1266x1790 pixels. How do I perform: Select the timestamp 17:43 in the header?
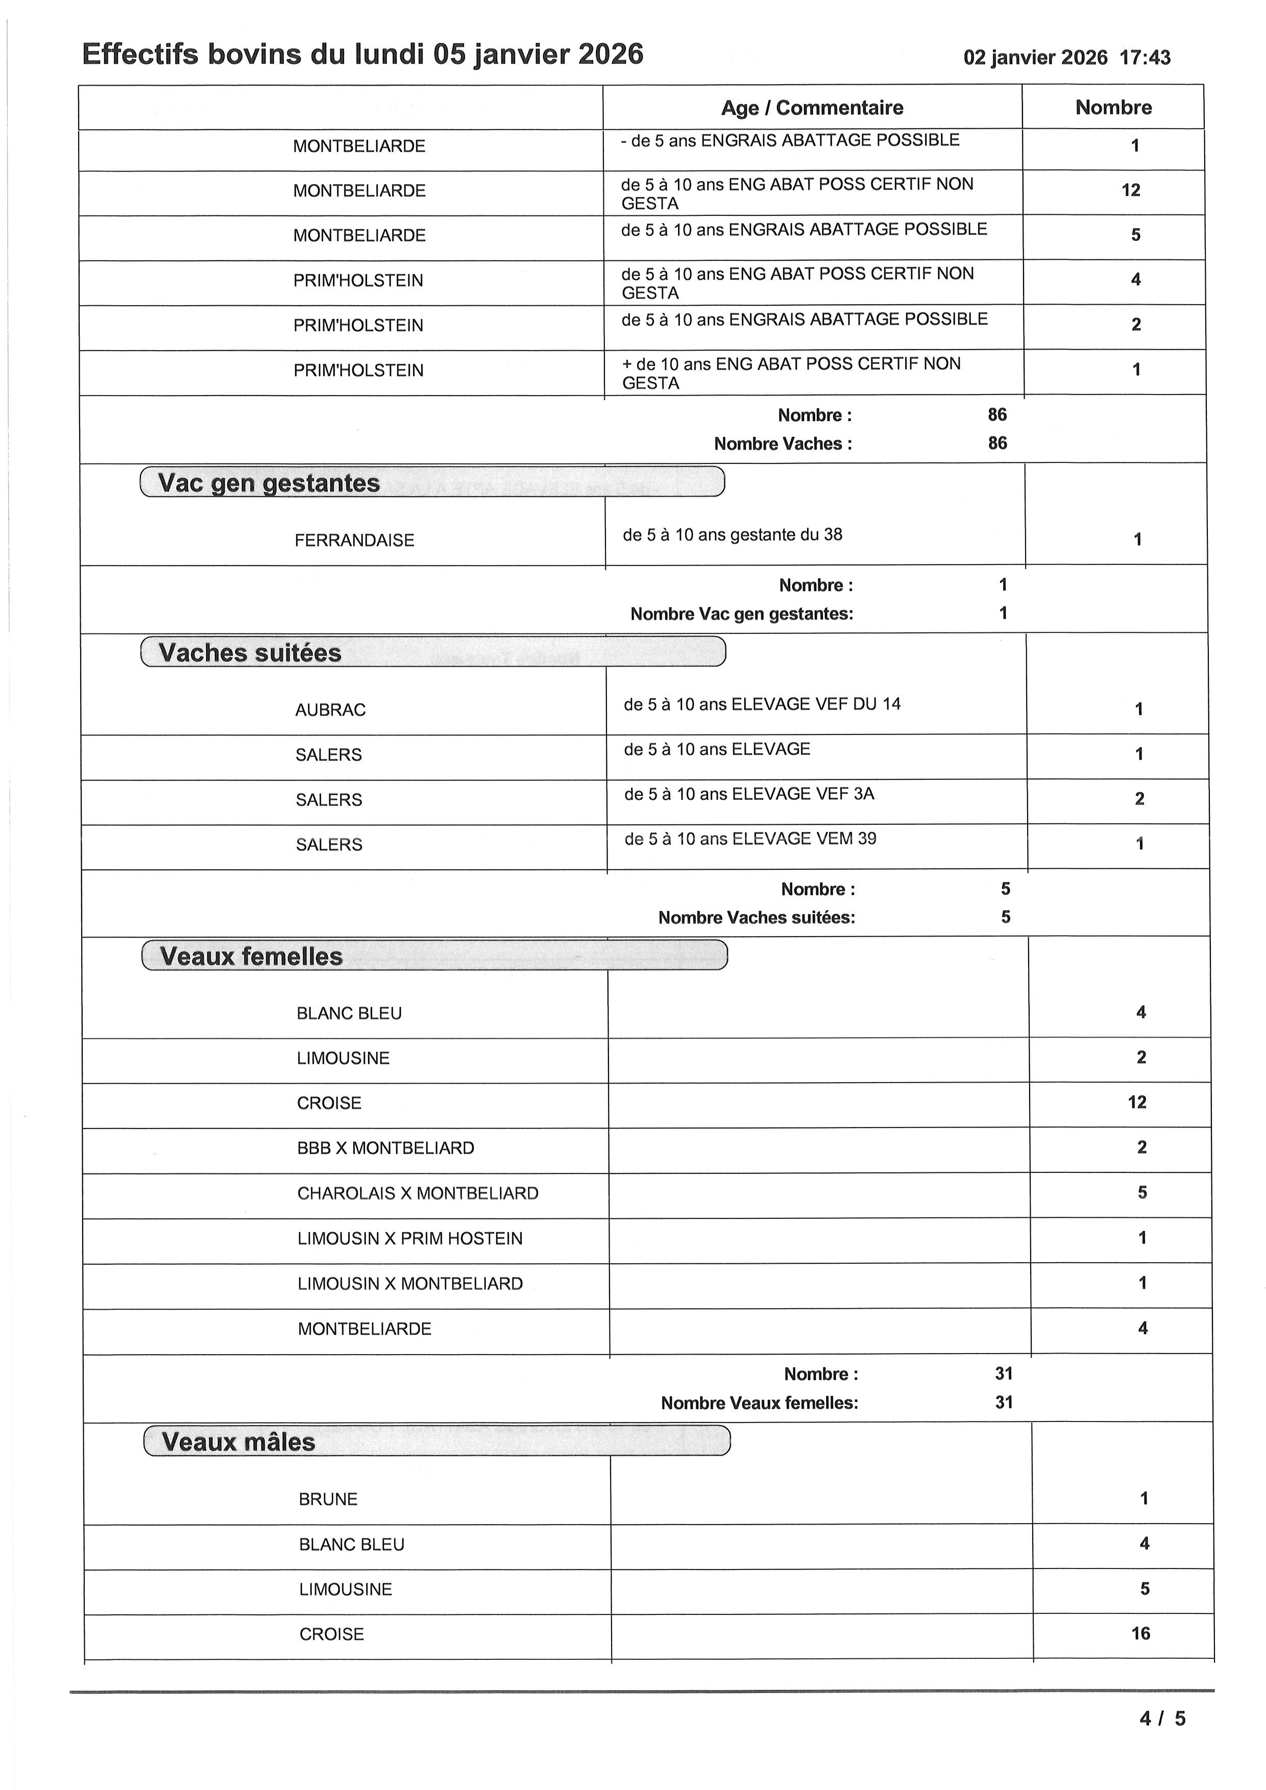click(1145, 58)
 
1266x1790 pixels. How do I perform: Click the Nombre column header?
click(1113, 108)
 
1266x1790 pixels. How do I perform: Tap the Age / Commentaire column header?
click(812, 108)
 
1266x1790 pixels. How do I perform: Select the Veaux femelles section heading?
click(251, 957)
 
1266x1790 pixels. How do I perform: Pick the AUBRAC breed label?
click(330, 710)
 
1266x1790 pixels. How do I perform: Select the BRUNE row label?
click(328, 1499)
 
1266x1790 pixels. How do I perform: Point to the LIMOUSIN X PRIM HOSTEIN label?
click(410, 1239)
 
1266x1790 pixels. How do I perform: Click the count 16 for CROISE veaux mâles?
click(1140, 1633)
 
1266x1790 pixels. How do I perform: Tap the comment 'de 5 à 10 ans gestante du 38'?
click(732, 535)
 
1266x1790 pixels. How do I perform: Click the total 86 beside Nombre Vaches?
click(997, 444)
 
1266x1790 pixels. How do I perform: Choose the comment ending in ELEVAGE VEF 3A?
click(749, 794)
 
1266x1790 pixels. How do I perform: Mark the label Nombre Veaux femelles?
click(759, 1403)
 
